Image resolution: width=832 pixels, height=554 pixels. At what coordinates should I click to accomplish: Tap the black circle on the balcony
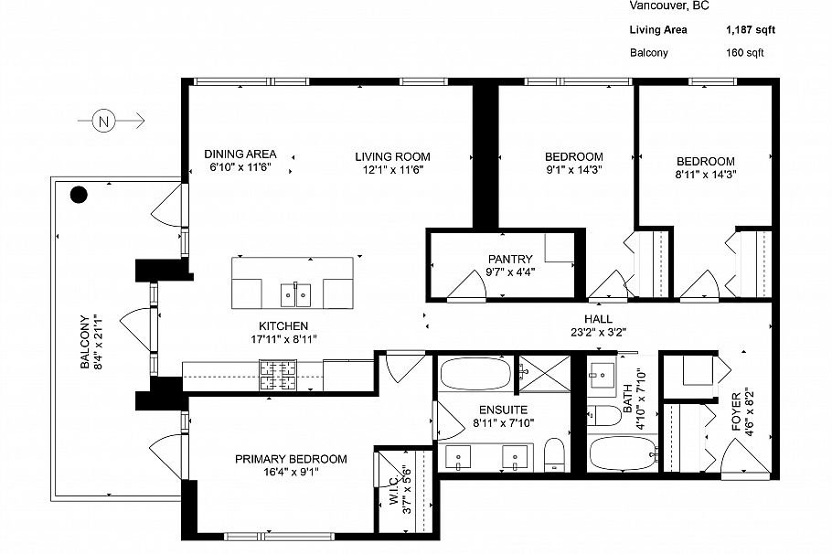point(80,194)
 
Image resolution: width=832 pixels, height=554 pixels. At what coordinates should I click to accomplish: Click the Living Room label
point(392,156)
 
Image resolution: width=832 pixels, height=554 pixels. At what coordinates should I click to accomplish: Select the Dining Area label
point(240,154)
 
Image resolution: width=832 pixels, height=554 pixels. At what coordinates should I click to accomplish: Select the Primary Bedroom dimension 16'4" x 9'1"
point(290,473)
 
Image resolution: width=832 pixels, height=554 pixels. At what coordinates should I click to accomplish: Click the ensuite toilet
point(554,454)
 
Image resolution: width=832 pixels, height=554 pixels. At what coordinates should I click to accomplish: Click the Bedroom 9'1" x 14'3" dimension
point(573,169)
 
